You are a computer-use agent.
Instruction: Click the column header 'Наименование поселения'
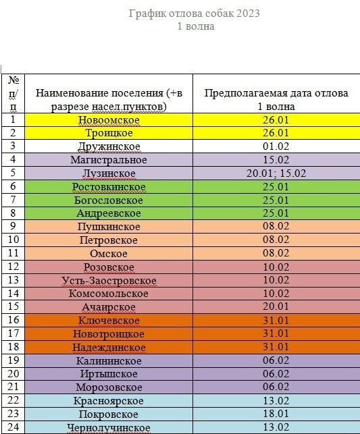[x=108, y=94]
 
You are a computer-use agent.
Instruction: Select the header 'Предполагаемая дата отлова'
[x=276, y=94]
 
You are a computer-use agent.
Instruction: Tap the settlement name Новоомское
[x=109, y=120]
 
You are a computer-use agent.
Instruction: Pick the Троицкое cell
[x=109, y=133]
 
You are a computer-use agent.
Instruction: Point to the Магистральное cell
[x=109, y=160]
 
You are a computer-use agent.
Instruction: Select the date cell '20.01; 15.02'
[x=277, y=173]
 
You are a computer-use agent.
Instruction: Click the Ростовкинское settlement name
[x=109, y=186]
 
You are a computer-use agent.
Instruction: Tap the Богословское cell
[x=109, y=200]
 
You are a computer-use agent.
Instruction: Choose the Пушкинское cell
[x=109, y=227]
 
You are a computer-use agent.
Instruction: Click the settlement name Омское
[x=109, y=253]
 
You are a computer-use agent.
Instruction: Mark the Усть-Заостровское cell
[x=109, y=280]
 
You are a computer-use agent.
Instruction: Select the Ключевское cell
[x=109, y=320]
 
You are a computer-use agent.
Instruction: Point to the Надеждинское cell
[x=109, y=347]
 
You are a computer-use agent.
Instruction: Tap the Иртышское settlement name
[x=109, y=373]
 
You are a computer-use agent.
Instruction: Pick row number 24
[x=13, y=427]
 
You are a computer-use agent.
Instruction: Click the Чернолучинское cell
[x=109, y=427]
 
